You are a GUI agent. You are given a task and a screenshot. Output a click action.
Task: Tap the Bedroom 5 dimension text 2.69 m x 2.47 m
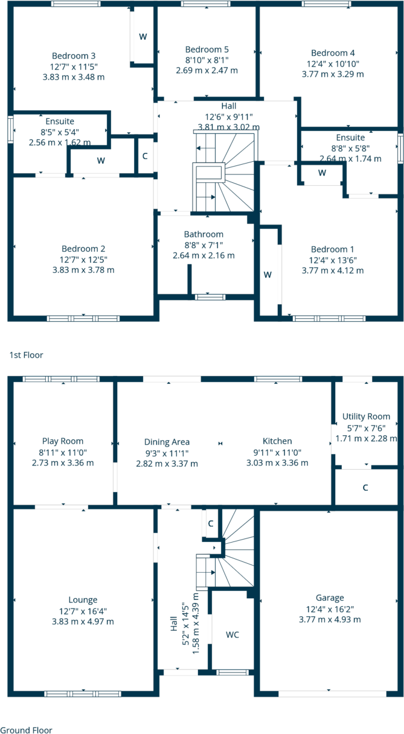(207, 70)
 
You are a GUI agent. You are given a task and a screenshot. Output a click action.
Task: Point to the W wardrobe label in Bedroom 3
(143, 37)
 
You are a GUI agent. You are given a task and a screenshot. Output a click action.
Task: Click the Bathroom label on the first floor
(204, 234)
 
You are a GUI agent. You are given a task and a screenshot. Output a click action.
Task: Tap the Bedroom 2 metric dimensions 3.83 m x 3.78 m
(83, 270)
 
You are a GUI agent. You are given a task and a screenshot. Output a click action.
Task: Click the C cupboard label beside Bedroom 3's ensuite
(145, 156)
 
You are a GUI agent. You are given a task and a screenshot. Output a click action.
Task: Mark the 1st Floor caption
(26, 355)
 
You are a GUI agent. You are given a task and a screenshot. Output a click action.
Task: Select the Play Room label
(63, 441)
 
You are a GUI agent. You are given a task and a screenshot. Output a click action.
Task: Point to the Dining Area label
(167, 442)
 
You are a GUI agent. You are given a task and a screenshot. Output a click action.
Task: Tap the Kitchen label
(277, 441)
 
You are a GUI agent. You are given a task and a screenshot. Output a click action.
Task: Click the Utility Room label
(366, 416)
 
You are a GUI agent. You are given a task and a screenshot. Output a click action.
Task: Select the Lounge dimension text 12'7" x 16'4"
(83, 611)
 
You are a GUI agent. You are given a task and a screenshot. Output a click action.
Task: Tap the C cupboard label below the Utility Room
(365, 487)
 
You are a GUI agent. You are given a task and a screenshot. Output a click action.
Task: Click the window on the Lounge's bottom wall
(82, 694)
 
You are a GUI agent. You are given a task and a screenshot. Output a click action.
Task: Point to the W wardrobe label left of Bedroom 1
(268, 274)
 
